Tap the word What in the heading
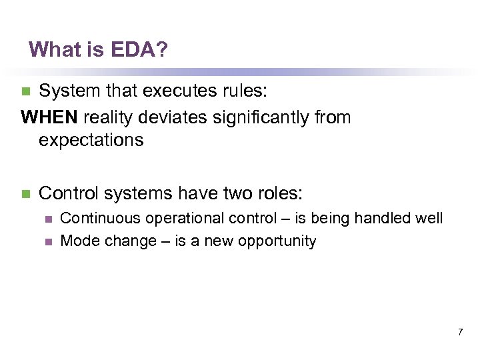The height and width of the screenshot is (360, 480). click(x=51, y=49)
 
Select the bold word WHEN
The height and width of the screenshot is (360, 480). click(x=50, y=117)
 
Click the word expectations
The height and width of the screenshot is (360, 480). click(x=91, y=140)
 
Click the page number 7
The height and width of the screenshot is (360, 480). click(x=460, y=331)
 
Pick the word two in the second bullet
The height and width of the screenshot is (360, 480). click(x=221, y=193)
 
